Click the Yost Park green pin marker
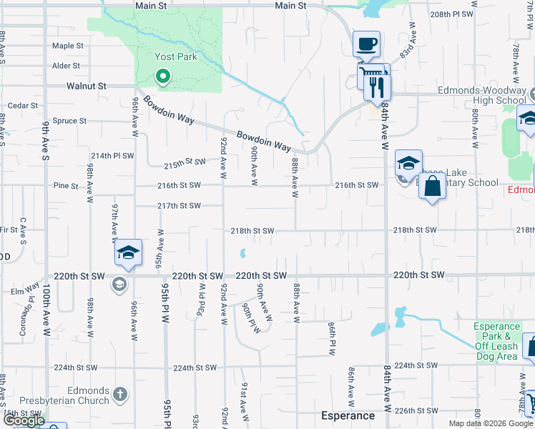click(x=162, y=75)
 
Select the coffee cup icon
click(x=367, y=44)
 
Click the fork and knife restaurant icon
click(x=376, y=87)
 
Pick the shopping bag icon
click(x=433, y=187)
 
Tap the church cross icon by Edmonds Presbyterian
click(x=120, y=393)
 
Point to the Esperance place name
click(x=348, y=415)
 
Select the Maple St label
click(x=68, y=46)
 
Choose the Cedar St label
click(x=22, y=105)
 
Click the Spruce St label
click(x=69, y=122)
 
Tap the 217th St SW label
click(x=179, y=206)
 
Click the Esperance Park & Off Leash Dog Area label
click(x=496, y=342)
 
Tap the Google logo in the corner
click(x=24, y=421)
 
